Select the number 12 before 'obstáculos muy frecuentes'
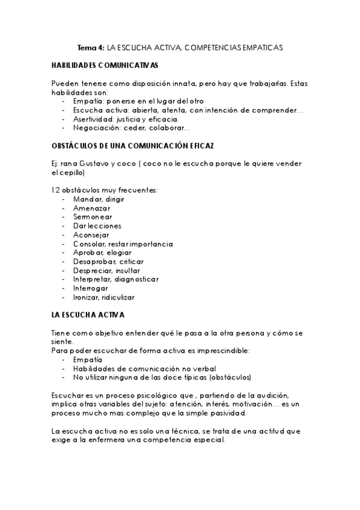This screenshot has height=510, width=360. point(56,190)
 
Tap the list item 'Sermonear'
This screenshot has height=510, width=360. point(93,217)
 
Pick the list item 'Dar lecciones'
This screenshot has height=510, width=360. point(97,226)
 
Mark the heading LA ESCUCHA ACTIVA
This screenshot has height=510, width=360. point(88,315)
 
